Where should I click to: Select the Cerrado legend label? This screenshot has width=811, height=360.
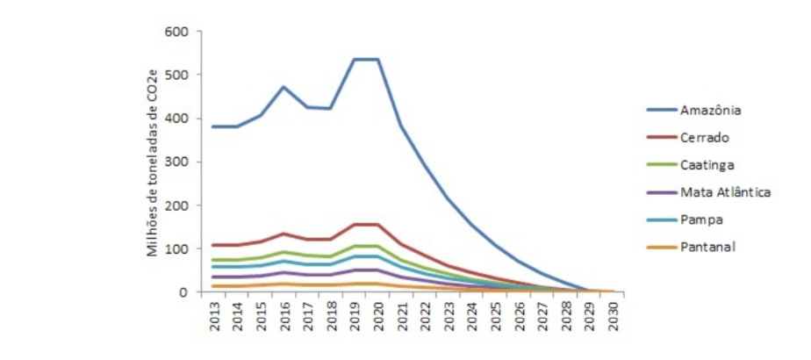pos(704,137)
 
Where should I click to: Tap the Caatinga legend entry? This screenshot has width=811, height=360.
pos(707,164)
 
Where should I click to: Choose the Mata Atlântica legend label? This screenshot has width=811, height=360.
pos(725,191)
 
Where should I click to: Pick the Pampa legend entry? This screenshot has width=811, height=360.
pos(700,219)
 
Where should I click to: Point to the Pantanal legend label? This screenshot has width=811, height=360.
pos(707,246)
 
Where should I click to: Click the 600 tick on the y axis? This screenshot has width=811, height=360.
pos(177,32)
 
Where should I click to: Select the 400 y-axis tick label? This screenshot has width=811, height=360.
pos(177,119)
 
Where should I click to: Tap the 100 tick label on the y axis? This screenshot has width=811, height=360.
pos(177,248)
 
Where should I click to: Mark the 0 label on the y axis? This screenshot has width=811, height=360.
pos(184,292)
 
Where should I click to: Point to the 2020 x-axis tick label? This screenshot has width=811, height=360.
pos(377,314)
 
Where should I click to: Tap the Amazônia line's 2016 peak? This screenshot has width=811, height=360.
pos(284,87)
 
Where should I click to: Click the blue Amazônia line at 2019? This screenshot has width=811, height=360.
pos(354,60)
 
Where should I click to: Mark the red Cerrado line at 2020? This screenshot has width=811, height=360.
pos(377,225)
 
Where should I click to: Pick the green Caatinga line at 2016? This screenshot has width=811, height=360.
pos(284,252)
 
